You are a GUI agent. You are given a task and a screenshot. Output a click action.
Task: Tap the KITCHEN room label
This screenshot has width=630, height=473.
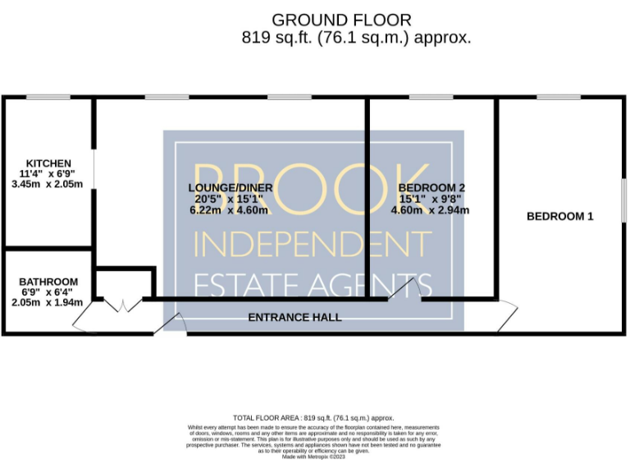(x=48, y=163)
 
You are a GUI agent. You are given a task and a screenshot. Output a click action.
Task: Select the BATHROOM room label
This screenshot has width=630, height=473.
(x=48, y=282)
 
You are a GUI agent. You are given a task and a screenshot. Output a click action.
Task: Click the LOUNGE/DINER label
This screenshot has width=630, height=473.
(x=224, y=187)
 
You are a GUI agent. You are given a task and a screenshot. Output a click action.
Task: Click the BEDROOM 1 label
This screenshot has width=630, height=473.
(x=559, y=217)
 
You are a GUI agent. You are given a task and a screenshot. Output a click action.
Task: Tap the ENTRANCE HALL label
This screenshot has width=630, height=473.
(x=294, y=317)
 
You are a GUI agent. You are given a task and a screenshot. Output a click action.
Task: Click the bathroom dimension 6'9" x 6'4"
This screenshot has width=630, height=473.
(x=48, y=292)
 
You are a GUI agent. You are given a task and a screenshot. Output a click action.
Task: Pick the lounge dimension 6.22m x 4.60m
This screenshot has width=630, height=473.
(x=224, y=209)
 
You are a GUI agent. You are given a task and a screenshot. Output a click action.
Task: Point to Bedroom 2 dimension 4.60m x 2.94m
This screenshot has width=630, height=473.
(x=431, y=209)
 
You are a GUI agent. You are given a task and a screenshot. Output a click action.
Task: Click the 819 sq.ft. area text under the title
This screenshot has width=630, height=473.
(x=356, y=38)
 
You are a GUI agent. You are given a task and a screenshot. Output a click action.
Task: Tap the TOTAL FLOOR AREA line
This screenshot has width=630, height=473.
(x=314, y=417)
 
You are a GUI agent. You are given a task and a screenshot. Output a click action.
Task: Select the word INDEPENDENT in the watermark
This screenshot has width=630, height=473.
(x=313, y=244)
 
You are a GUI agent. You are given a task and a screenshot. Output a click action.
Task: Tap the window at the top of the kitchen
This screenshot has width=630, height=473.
(x=47, y=98)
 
